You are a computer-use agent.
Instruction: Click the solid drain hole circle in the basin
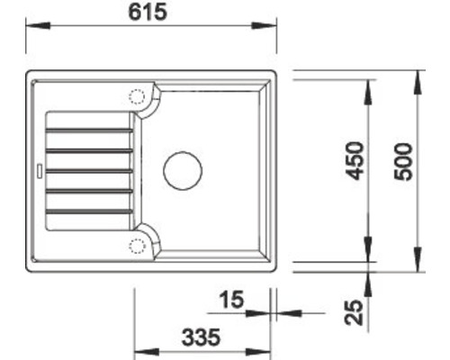[183, 168]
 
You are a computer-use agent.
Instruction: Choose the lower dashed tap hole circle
[137, 245]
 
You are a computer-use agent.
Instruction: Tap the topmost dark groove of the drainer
[88, 130]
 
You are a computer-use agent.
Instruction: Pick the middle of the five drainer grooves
[88, 170]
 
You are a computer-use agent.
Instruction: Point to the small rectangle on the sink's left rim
[38, 169]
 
